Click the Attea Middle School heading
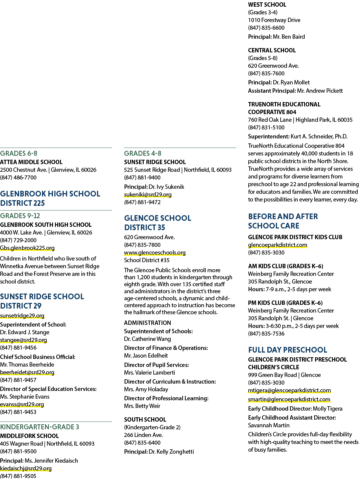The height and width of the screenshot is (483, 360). [x=31, y=162]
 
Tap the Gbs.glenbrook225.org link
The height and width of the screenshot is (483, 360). [x=27, y=248]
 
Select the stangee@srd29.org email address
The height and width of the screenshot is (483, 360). [x=23, y=340]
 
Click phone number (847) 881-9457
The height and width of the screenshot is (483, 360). [x=18, y=380]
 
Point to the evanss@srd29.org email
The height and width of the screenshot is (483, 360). [x=22, y=404]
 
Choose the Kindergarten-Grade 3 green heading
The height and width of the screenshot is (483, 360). [x=40, y=427]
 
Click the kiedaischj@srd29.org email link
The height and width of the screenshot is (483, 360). [x=26, y=468]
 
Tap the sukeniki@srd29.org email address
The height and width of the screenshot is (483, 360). [x=148, y=194]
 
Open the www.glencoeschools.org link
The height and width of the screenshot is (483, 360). [x=155, y=253]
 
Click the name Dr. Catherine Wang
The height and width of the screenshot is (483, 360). [x=147, y=339]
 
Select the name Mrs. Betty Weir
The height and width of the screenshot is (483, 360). [x=142, y=406]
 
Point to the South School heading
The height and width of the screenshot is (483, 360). [x=145, y=419]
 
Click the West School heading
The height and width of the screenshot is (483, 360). [x=267, y=5]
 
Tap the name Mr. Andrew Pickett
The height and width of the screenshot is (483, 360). [x=320, y=91]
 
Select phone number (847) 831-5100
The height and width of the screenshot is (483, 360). [x=266, y=127]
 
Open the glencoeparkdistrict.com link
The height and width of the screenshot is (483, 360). [x=278, y=245]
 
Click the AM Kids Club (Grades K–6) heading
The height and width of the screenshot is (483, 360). [x=286, y=266]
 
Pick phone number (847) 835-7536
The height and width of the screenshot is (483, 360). [x=266, y=334]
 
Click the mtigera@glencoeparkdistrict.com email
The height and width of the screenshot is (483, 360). [x=289, y=390]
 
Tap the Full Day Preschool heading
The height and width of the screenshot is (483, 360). [x=288, y=350]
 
